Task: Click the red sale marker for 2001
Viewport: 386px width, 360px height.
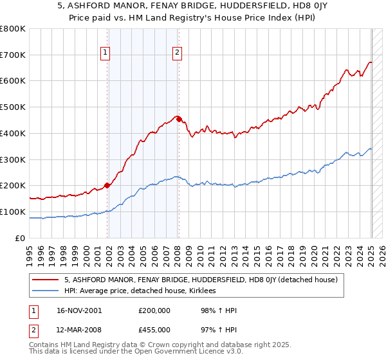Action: [x=107, y=185]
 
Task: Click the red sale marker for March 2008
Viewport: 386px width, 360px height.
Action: [x=179, y=119]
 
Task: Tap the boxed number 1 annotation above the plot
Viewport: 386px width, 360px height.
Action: [x=105, y=53]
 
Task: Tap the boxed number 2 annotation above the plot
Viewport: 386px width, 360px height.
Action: [x=176, y=53]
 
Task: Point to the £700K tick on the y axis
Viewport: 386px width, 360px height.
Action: [x=13, y=55]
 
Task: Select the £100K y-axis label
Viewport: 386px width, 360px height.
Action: [x=13, y=212]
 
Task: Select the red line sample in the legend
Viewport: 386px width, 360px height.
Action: [x=46, y=280]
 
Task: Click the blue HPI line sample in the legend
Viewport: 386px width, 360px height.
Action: [x=46, y=291]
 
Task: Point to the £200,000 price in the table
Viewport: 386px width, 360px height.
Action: [x=154, y=310]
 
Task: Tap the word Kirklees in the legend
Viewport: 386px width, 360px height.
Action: [x=201, y=291]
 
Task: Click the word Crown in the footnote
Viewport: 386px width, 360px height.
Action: [x=157, y=346]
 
